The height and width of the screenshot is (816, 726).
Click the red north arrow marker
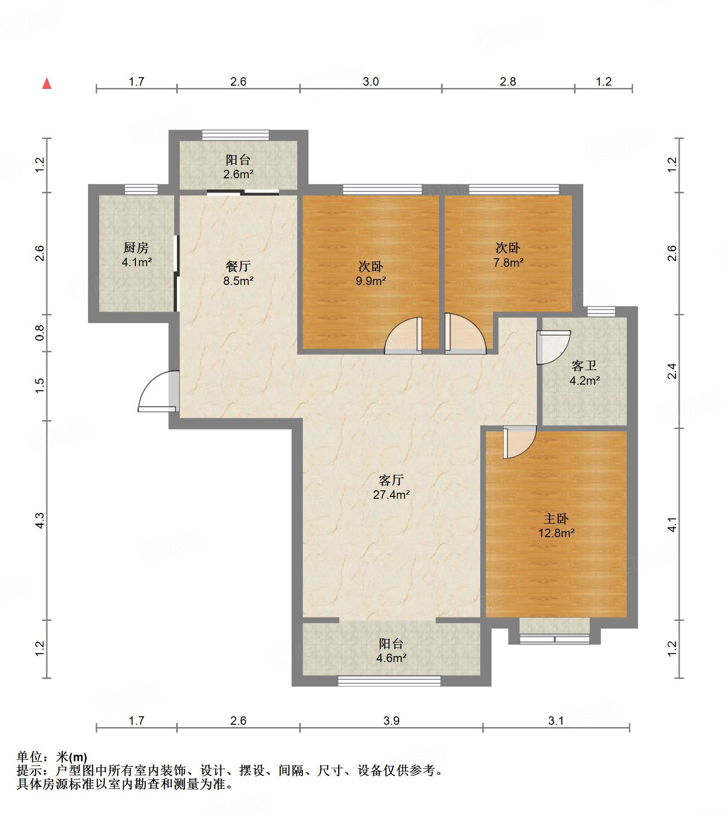tap(47, 84)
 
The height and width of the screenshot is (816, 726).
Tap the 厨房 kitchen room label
tap(136, 247)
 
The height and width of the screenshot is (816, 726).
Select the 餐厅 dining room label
tap(238, 266)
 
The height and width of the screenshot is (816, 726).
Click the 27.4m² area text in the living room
tap(391, 495)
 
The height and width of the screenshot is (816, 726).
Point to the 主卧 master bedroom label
tap(556, 518)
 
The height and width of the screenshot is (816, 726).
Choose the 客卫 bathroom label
tap(584, 366)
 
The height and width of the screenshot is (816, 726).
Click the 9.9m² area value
tap(370, 281)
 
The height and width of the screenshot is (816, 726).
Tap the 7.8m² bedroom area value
tap(508, 262)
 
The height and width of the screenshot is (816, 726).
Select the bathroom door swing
tap(553, 347)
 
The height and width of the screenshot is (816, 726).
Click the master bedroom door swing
tap(520, 442)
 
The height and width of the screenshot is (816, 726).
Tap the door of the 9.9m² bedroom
tap(403, 335)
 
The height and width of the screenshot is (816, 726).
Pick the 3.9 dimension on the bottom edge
tap(391, 721)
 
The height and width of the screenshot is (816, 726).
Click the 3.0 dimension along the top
tap(371, 81)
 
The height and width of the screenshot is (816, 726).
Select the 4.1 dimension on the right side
tap(672, 524)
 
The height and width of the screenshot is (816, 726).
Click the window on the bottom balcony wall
tap(389, 681)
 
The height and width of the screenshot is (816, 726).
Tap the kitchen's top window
tap(141, 189)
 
